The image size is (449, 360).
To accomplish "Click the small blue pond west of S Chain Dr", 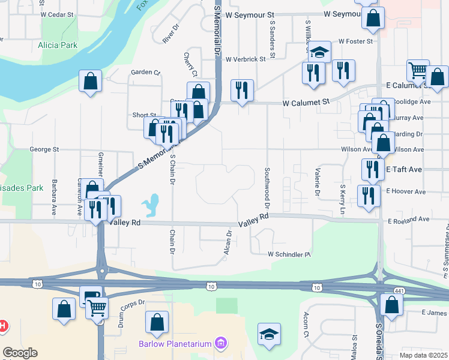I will pos(152,205).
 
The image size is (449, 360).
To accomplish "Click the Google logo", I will pos(20,353).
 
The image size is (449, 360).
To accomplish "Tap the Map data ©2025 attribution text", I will pos(423,355).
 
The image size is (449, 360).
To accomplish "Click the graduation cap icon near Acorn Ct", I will pos(269,334).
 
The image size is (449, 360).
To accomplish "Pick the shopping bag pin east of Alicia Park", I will pos(90,82).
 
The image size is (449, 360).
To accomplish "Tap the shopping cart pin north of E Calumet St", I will pos(418,70).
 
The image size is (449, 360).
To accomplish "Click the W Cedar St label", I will pos(56,13).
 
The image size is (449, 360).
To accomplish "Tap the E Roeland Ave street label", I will pos(408,220).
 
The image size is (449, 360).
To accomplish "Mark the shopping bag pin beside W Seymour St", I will pos(373,19).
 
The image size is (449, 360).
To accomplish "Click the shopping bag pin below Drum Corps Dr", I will pos(157,322).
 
